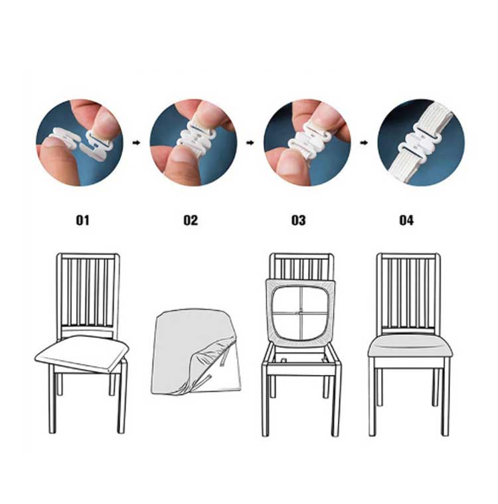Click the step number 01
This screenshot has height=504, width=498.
pos(82,220)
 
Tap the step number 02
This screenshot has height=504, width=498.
pos(191,220)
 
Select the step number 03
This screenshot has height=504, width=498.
pos(298,220)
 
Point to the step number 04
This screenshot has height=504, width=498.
pos(406,220)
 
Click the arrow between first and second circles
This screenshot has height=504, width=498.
pos(137,142)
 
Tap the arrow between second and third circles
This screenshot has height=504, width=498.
pos(250,142)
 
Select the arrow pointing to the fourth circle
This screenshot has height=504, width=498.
pos(364,142)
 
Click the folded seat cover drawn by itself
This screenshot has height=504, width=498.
pos(196,352)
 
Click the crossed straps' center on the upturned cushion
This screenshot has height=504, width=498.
pos(301,313)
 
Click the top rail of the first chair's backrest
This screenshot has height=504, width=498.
pos(88,256)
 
